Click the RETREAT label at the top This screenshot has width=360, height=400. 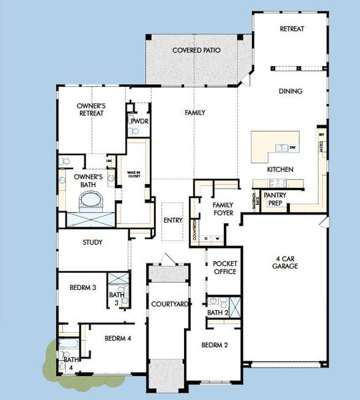click(x=292, y=29)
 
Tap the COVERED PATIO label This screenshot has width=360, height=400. click(x=197, y=51)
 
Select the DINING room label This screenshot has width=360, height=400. click(x=291, y=91)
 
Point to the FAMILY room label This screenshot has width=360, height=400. click(x=195, y=113)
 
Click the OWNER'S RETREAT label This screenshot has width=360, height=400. click(x=91, y=109)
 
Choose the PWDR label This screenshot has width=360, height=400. click(x=139, y=122)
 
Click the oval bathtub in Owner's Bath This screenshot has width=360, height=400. click(x=89, y=199)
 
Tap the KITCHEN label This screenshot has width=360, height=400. click(x=280, y=170)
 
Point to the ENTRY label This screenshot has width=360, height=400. click(x=173, y=221)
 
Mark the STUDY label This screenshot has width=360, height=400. click(x=92, y=243)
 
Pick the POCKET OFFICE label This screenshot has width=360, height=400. click(x=225, y=267)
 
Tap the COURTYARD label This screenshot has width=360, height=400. click(x=168, y=304)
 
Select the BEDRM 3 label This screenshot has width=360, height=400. click(x=83, y=288)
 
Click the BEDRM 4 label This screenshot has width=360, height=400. click(x=117, y=339)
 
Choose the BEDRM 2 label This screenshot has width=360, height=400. click(x=216, y=345)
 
